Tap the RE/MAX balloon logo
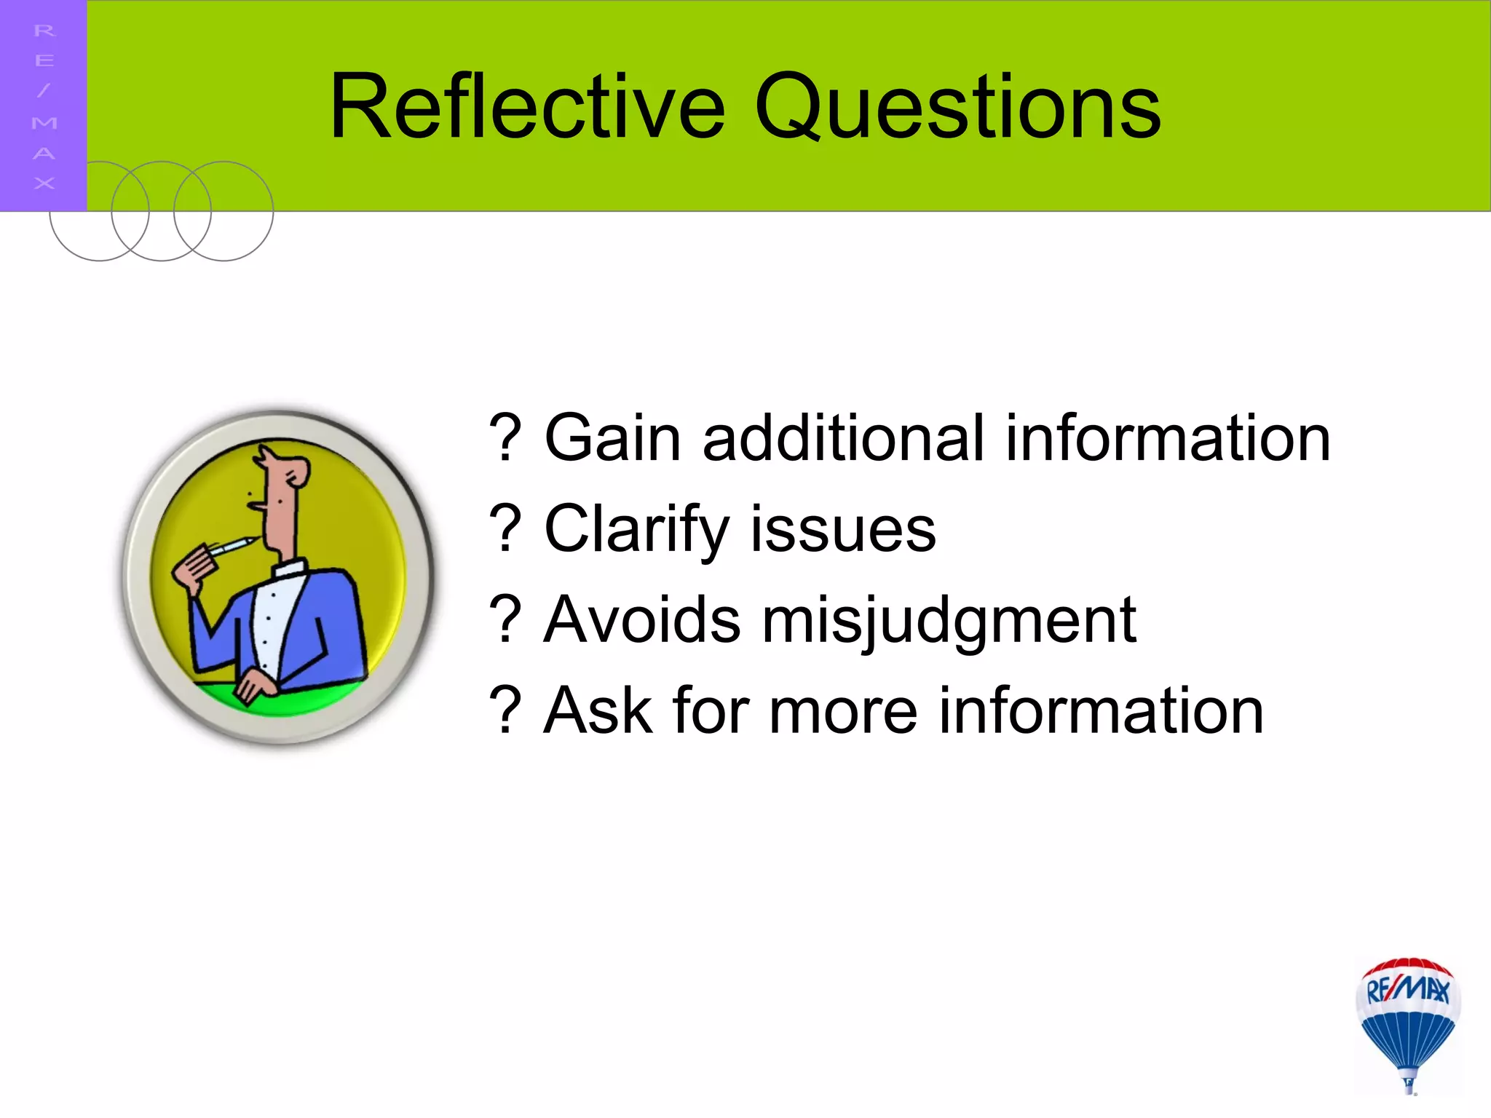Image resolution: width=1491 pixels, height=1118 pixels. (x=1408, y=1023)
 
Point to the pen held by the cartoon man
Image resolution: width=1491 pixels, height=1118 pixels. (x=232, y=547)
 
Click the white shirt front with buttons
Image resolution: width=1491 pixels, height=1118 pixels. (x=273, y=619)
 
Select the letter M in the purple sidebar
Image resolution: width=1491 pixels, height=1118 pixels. (x=44, y=122)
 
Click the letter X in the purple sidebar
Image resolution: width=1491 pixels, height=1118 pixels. (x=44, y=183)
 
